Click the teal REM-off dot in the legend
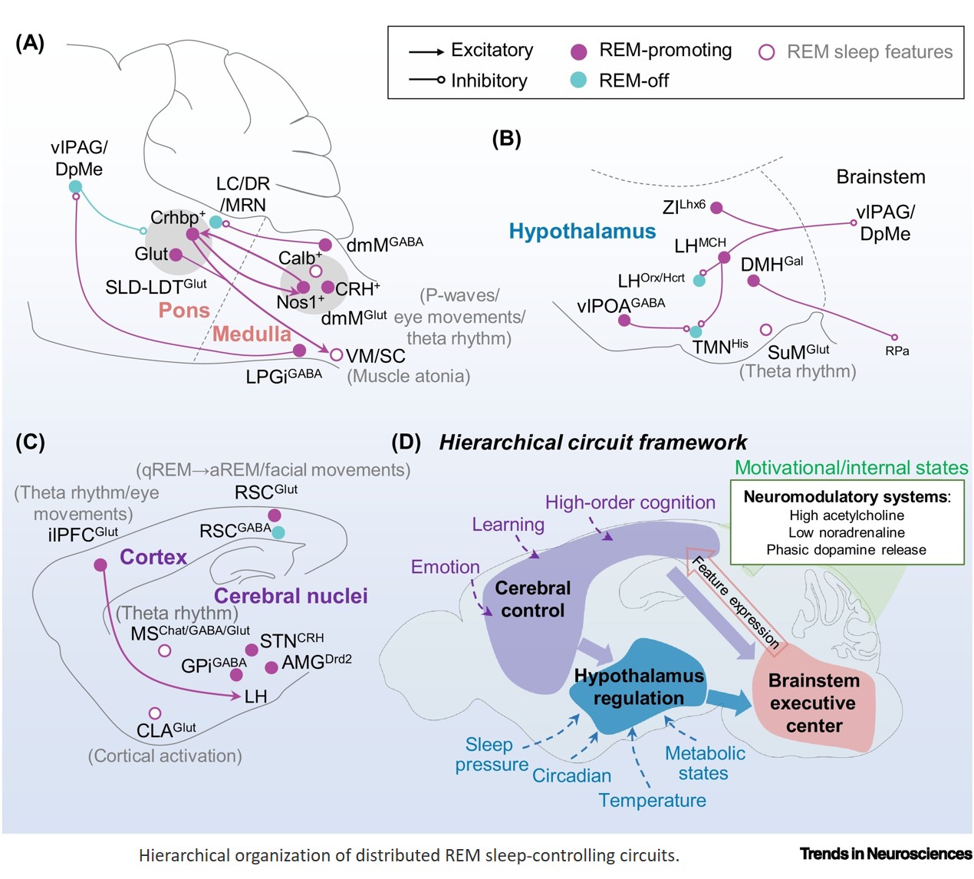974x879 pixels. (579, 80)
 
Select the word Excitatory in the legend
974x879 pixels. (492, 51)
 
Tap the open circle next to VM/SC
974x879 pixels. (336, 355)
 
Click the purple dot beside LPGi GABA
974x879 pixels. (300, 351)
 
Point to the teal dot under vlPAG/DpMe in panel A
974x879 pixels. (75, 186)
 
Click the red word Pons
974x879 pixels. (184, 311)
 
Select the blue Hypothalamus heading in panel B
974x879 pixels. (582, 232)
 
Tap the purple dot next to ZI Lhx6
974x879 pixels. (716, 208)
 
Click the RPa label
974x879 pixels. (897, 351)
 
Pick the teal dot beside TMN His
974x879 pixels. (696, 332)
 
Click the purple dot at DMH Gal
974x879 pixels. (753, 281)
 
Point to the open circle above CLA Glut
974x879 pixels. (155, 713)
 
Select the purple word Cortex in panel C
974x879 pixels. (153, 558)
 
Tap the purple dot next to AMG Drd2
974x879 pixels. (271, 667)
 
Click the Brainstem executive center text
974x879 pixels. (814, 703)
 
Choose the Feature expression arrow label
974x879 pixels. (735, 603)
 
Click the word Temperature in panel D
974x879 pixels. (652, 800)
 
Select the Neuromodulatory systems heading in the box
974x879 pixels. (846, 497)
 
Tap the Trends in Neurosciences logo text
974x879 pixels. (885, 854)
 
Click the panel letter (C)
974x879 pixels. (30, 442)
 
